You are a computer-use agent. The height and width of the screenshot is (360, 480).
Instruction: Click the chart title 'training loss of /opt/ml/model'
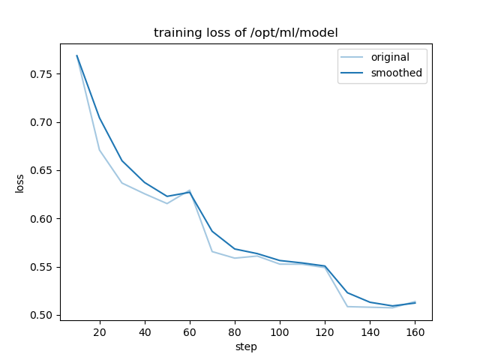(x=246, y=33)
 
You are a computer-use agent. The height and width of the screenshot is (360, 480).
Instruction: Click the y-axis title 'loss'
(x=20, y=183)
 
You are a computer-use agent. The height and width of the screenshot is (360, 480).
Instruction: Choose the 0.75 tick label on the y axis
(x=42, y=74)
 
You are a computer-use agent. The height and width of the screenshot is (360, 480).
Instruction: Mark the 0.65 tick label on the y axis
(x=42, y=170)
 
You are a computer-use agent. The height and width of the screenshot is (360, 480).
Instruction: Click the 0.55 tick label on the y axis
(x=42, y=267)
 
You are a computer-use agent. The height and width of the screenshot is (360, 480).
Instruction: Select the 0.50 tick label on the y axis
(x=42, y=315)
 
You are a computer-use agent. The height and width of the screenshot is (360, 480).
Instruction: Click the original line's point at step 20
(x=100, y=150)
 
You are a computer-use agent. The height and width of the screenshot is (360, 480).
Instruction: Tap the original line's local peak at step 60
(x=190, y=190)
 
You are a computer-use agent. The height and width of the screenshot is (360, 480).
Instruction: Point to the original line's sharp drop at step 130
(x=347, y=306)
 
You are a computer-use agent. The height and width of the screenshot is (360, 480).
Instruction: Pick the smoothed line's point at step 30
(x=122, y=160)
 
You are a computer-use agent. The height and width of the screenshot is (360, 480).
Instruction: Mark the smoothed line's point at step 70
(x=212, y=231)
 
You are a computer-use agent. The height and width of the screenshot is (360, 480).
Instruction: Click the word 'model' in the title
(x=321, y=33)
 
